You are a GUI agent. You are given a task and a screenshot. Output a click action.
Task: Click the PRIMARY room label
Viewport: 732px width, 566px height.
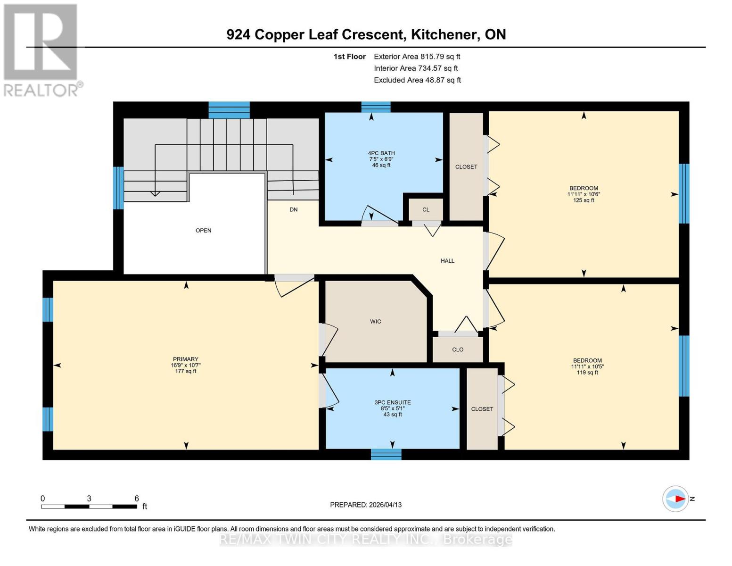(x=185, y=359)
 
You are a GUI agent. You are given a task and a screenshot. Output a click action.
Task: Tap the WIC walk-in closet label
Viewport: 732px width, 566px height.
(x=375, y=322)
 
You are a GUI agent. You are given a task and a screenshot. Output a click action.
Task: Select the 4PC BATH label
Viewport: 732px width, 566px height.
(x=381, y=153)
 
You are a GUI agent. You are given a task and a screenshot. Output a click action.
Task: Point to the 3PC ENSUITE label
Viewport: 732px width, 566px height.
(x=393, y=402)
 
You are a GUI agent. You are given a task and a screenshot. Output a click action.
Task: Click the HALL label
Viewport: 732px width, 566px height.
(x=447, y=261)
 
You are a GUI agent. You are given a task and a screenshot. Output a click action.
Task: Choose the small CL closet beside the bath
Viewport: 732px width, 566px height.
(x=426, y=210)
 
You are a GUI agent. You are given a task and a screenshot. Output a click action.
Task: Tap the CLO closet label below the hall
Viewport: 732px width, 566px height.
(x=458, y=350)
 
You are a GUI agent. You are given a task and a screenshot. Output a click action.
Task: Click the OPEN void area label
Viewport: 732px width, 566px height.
(x=203, y=231)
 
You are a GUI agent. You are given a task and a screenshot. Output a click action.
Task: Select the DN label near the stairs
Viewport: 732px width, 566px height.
(x=294, y=209)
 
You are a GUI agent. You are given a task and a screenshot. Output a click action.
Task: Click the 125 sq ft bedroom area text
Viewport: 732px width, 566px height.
(x=584, y=200)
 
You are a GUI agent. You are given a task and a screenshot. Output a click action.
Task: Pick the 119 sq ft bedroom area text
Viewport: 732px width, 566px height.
(x=587, y=373)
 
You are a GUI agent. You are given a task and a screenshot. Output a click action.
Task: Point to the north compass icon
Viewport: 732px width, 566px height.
(x=676, y=499)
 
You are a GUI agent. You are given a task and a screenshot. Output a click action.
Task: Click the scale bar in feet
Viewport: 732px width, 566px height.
(x=89, y=507)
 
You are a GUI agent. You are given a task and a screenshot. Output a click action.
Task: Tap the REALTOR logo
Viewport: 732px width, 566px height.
(x=41, y=50)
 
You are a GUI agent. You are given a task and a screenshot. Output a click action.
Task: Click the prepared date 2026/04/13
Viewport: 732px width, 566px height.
(x=366, y=505)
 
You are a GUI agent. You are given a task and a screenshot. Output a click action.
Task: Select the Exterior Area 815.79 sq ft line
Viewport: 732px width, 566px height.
(x=417, y=57)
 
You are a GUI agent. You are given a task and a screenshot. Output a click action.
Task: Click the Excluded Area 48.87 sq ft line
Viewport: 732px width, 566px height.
(x=417, y=80)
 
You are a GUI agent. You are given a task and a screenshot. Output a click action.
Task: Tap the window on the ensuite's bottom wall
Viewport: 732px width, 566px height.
(x=386, y=454)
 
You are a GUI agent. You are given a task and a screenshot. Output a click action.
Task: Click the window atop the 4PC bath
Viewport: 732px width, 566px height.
(x=376, y=107)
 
